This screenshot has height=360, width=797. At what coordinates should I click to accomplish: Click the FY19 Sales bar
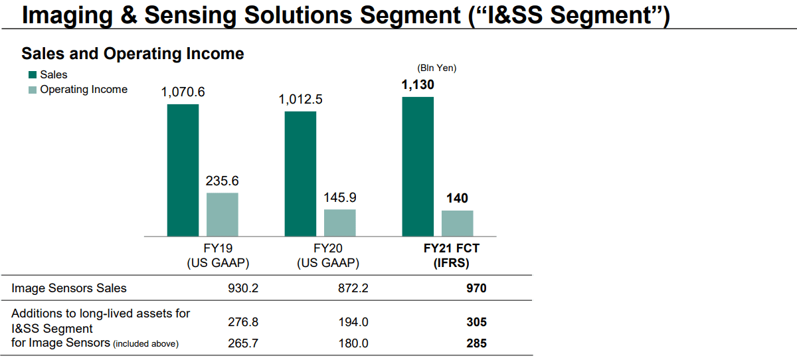tap(183, 170)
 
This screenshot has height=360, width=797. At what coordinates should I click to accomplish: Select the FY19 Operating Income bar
tap(222, 215)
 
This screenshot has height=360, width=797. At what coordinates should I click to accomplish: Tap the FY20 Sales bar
tap(300, 173)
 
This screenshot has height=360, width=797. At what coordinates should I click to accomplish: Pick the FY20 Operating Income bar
tap(339, 223)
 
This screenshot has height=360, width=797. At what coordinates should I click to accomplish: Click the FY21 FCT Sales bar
tap(418, 166)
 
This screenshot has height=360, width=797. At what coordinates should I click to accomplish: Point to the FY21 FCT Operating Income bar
tap(457, 223)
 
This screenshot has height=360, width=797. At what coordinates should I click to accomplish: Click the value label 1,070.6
tap(183, 92)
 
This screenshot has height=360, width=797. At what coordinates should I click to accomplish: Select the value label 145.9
tap(339, 198)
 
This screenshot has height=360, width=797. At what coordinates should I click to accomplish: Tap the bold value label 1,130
tap(418, 85)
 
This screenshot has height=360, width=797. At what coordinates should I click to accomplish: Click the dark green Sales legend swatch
tap(32, 75)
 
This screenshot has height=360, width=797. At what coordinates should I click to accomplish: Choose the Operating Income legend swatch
tap(32, 90)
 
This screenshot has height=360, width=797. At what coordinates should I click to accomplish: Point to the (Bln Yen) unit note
tap(436, 68)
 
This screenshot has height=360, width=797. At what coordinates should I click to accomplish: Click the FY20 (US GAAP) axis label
tap(328, 256)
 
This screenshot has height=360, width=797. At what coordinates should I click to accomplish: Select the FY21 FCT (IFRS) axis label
tap(452, 256)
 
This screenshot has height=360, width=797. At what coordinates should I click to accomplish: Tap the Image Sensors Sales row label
tap(69, 288)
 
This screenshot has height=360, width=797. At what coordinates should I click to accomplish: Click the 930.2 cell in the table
tap(242, 288)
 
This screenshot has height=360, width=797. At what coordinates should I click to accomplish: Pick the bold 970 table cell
tap(476, 288)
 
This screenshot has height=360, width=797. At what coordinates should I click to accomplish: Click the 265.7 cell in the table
tap(242, 343)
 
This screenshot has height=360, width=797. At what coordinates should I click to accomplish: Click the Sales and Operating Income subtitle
tap(133, 54)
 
